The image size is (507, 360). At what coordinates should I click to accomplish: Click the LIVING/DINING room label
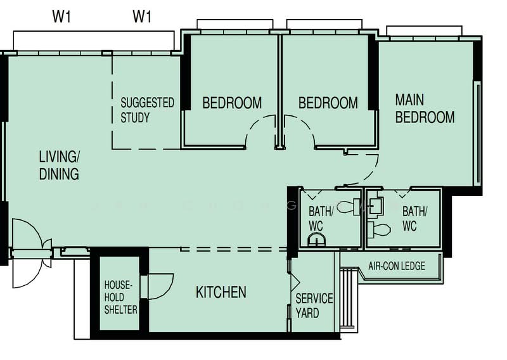(59, 165)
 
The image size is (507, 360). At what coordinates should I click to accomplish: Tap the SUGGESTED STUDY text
(147, 110)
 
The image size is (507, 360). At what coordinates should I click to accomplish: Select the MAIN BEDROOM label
(425, 108)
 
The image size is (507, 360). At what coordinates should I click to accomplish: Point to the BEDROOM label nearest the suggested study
(232, 103)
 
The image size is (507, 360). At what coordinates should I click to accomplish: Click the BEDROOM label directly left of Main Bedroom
(328, 103)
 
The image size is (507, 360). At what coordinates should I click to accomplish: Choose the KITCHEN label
(221, 292)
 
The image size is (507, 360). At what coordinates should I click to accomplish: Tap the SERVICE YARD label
(314, 305)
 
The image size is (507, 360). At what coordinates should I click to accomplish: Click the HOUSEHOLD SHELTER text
(120, 297)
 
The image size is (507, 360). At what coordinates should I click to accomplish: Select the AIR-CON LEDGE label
(397, 266)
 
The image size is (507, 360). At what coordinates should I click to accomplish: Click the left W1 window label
(61, 17)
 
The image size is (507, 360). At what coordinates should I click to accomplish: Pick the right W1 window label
(142, 17)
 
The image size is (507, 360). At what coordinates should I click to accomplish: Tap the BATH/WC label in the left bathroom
(319, 217)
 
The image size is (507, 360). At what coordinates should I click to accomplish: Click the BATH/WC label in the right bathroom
(414, 217)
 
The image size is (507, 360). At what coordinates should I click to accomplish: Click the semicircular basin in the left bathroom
(316, 239)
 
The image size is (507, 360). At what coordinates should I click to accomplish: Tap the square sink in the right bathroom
(376, 205)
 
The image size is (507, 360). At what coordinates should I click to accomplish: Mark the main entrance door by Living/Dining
(29, 253)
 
